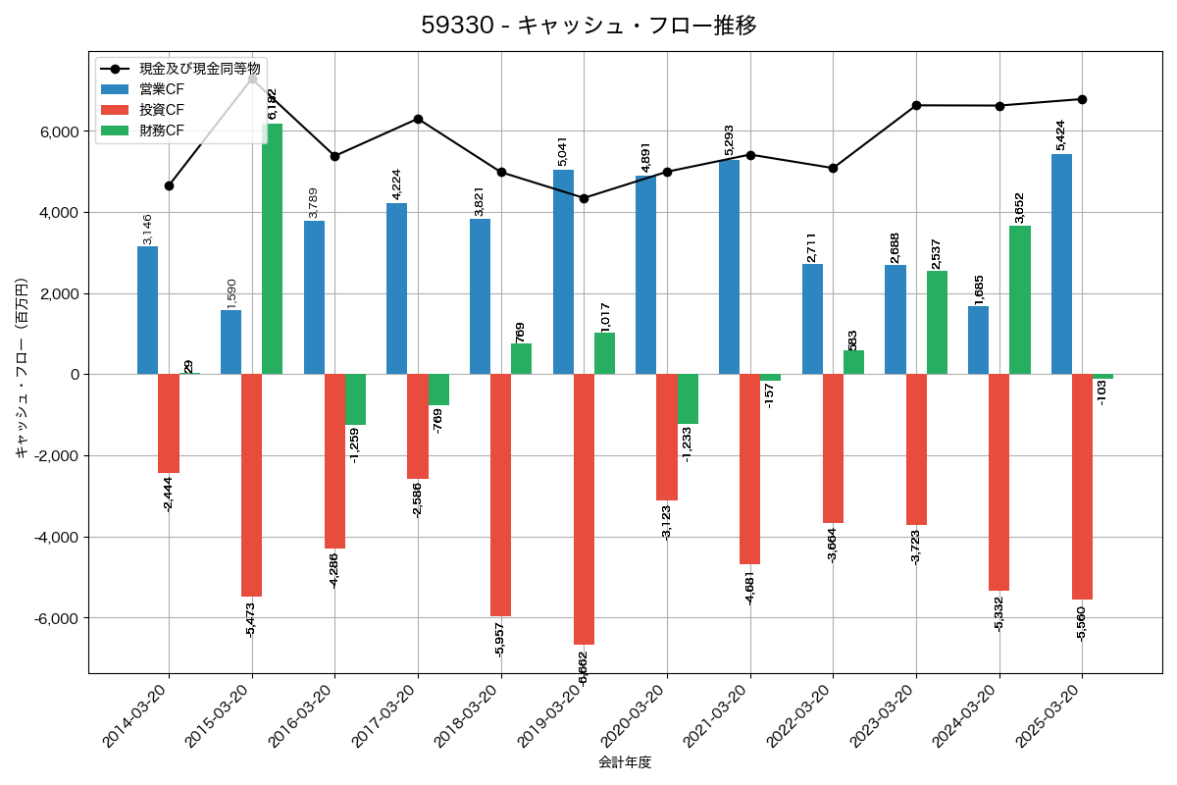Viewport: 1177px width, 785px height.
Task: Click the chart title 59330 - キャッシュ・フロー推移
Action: (588, 26)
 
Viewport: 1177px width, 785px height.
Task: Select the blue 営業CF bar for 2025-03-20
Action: (1061, 264)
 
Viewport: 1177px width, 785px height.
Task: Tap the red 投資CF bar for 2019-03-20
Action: (584, 509)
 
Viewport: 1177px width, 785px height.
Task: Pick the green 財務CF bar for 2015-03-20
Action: (272, 249)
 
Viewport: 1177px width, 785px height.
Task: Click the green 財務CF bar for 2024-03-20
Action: (1020, 300)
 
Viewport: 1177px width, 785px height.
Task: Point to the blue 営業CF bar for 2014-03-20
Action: (147, 310)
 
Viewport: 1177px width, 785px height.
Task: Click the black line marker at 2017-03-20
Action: (418, 119)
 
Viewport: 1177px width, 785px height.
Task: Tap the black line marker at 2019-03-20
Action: (584, 198)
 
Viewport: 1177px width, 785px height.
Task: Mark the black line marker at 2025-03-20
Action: (1082, 99)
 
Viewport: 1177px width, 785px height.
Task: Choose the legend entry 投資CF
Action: (161, 110)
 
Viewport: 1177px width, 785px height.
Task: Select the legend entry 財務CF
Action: (161, 131)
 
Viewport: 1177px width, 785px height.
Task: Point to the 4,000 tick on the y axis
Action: (59, 213)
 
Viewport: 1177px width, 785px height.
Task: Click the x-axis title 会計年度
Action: (625, 762)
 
